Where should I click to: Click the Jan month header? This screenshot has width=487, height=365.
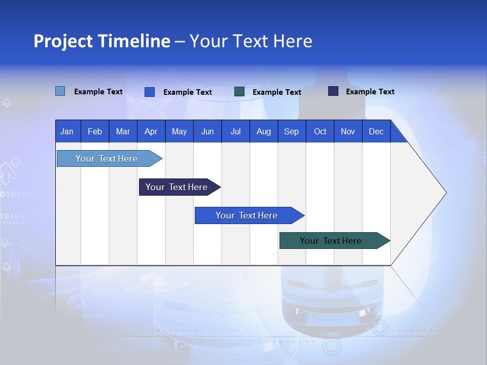[x=67, y=132]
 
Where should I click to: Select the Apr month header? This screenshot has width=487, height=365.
[x=151, y=132]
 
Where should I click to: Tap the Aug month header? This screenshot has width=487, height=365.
[x=264, y=132]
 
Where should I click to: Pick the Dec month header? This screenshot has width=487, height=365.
[x=376, y=132]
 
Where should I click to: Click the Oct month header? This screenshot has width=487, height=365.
[x=320, y=132]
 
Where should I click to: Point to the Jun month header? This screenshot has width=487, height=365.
[x=207, y=132]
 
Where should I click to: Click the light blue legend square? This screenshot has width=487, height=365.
[x=60, y=91]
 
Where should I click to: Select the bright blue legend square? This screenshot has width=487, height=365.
[x=149, y=92]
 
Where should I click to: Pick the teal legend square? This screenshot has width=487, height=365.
[x=239, y=92]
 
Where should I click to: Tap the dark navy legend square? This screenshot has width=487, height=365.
[x=333, y=91]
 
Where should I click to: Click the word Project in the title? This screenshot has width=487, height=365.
[x=63, y=41]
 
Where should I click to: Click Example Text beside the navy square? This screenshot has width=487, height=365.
[x=370, y=92]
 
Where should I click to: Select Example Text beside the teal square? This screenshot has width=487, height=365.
[x=277, y=92]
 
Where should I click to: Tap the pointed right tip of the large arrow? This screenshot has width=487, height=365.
[x=445, y=193]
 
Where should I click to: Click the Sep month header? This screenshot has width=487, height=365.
[x=292, y=132]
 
